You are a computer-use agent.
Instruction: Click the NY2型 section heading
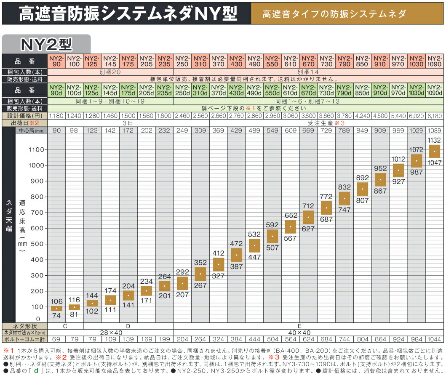pyautogui.click(x=46, y=44)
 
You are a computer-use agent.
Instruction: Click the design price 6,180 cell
pyautogui.click(x=434, y=116)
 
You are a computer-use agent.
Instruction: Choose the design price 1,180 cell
pyautogui.click(x=57, y=116)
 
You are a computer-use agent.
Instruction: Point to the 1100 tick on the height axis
pyautogui.click(x=36, y=149)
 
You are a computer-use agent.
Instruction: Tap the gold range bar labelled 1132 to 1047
pyautogui.click(x=434, y=151)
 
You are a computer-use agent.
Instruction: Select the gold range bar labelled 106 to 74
pyautogui.click(x=57, y=309)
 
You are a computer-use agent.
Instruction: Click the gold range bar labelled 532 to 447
pyautogui.click(x=255, y=245)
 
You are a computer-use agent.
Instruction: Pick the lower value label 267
pyautogui.click(x=200, y=285)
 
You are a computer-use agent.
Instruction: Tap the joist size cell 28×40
pyautogui.click(x=111, y=332)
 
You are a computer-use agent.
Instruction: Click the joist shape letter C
pyautogui.click(x=66, y=326)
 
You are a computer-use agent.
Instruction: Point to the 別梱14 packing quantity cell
pyautogui.click(x=308, y=72)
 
